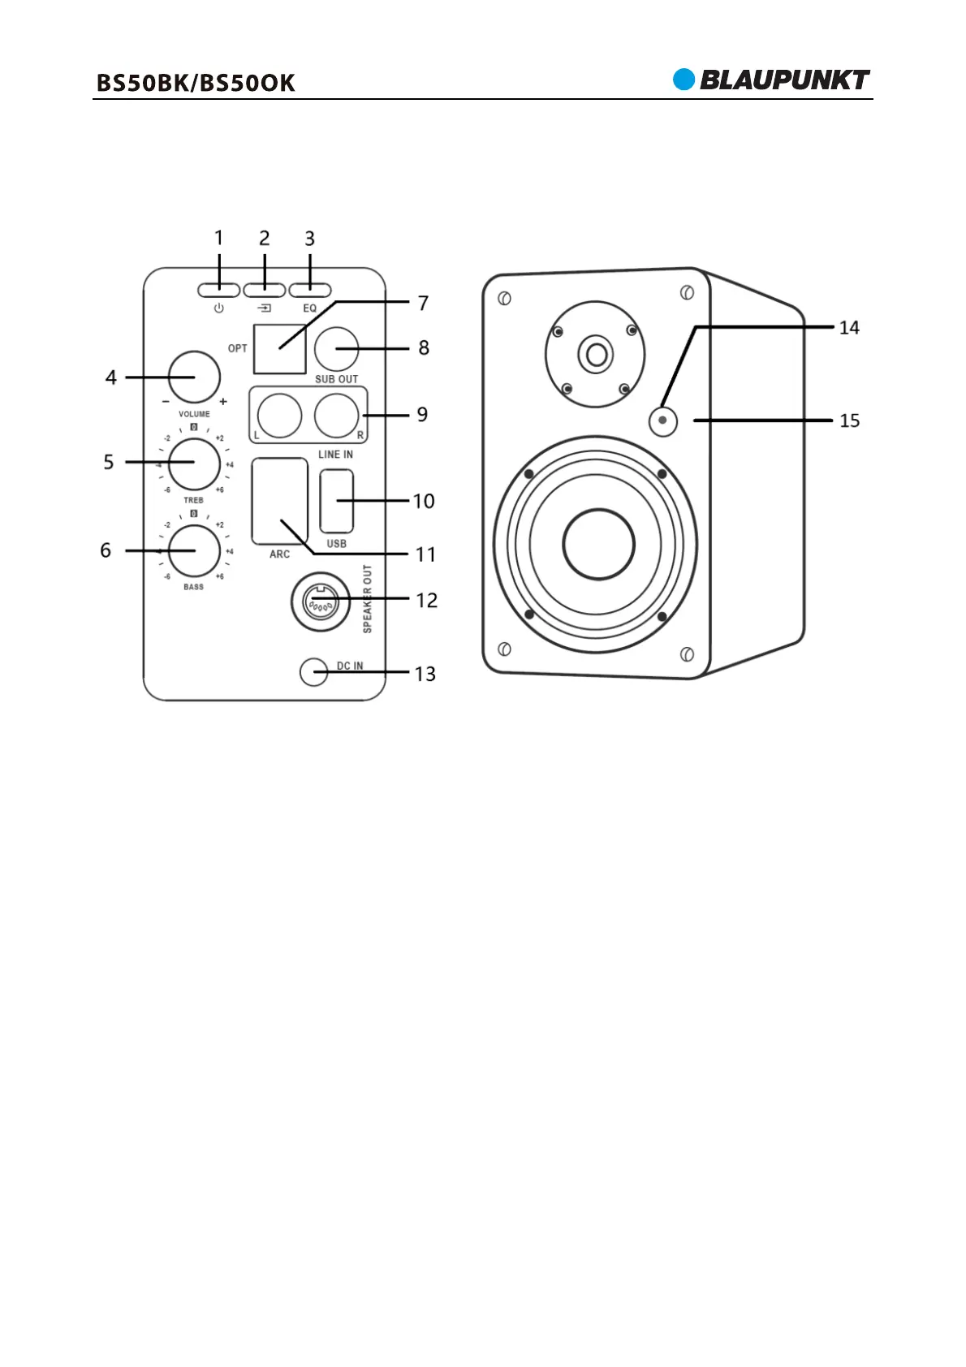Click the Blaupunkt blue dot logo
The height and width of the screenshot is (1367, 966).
pos(684,80)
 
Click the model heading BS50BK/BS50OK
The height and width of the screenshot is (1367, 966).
pos(196,83)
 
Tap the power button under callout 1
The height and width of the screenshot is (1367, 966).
pos(218,290)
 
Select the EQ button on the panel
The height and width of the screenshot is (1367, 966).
pos(310,290)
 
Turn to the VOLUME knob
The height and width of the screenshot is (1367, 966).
pos(194,377)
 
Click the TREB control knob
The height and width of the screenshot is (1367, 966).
pos(194,464)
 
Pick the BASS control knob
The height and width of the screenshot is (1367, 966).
pos(194,550)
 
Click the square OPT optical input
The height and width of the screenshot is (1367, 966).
pos(279,348)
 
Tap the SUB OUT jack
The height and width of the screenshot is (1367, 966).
pos(336,348)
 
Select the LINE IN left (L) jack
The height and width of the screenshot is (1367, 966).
pos(279,416)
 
